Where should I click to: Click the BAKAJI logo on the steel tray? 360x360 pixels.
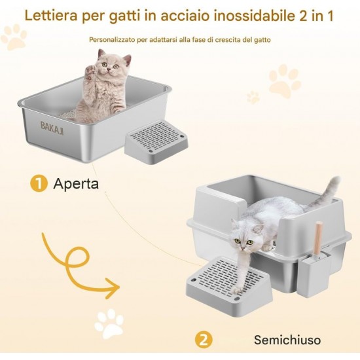tap(52, 128)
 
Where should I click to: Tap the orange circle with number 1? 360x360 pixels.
tap(39, 184)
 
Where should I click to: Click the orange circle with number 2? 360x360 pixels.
tap(204, 340)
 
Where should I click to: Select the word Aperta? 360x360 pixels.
tap(76, 184)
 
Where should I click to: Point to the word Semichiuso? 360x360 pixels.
tap(287, 340)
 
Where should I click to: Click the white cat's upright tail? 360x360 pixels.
tap(329, 193)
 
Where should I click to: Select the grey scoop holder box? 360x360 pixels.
tap(314, 275)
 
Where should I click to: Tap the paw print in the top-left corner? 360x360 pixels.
tap(14, 37)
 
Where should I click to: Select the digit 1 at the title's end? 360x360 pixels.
tap(330, 16)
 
